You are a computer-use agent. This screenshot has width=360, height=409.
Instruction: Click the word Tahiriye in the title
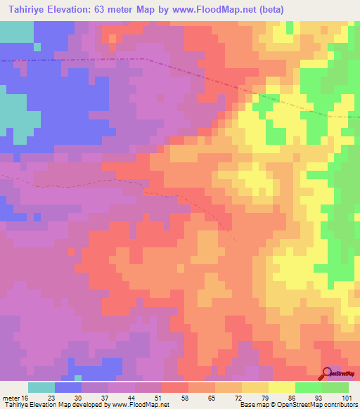tap(27, 9)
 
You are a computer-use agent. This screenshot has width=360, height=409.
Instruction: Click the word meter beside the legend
tap(12, 397)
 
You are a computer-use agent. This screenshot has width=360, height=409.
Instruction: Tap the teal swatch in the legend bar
tap(41, 387)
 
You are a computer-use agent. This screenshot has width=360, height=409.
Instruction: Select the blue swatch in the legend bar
tap(68, 387)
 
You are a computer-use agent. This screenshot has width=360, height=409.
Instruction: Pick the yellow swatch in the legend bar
tap(282, 387)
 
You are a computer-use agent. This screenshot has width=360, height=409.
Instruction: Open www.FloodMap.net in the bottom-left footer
tap(141, 405)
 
